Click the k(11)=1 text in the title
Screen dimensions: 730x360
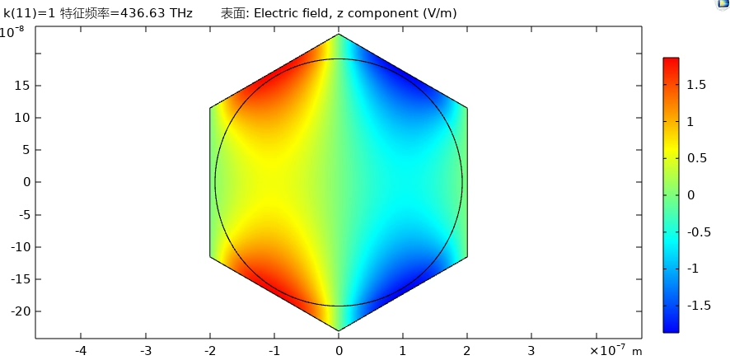30,13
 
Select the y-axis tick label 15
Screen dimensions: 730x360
21,86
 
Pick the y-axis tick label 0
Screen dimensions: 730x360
26,182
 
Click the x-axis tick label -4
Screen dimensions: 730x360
81,350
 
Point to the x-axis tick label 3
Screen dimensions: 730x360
531,350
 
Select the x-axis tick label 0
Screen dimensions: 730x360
339,350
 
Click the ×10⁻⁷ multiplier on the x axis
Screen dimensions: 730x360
608,350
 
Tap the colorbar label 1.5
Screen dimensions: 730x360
697,85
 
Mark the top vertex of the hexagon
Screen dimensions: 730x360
339,35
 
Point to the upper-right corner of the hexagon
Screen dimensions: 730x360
467,108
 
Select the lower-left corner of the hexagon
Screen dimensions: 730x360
210,257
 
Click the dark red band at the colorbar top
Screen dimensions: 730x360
671,61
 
